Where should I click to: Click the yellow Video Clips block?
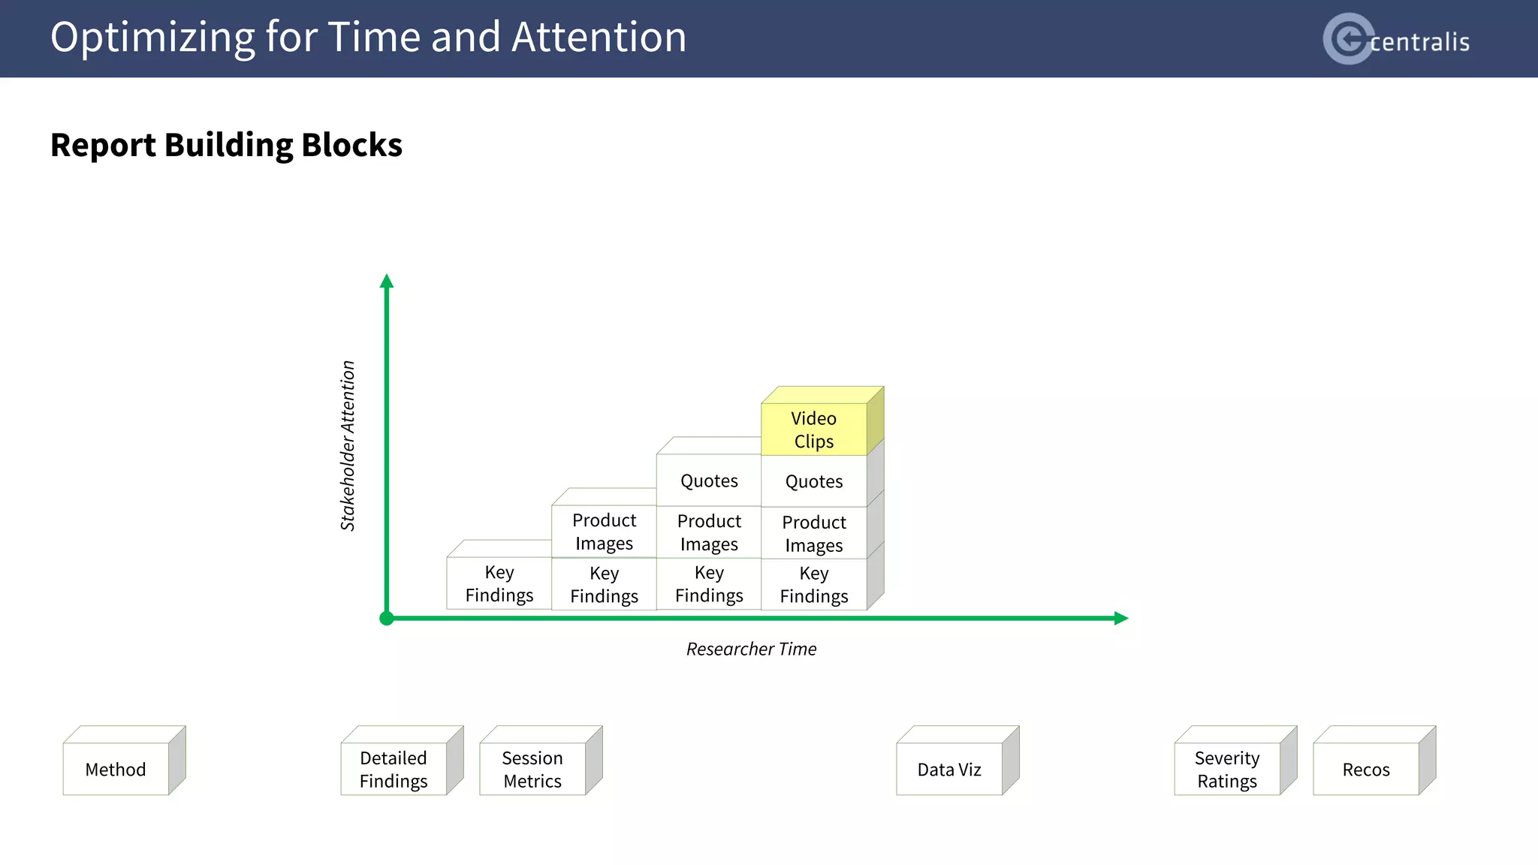point(814,429)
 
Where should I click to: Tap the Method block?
point(116,769)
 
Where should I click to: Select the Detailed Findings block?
point(394,769)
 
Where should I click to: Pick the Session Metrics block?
point(532,769)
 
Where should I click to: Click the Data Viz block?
point(949,769)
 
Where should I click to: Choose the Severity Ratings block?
point(1227,769)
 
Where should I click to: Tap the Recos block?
point(1366,769)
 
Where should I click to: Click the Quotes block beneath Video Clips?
point(814,481)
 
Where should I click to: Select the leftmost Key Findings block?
point(499,583)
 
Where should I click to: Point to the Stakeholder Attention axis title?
point(348,446)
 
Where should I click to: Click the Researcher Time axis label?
point(751,649)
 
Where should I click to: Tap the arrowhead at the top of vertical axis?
point(387,281)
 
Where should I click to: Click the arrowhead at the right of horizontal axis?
point(1121,618)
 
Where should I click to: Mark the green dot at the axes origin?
point(387,619)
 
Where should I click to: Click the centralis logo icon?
point(1347,38)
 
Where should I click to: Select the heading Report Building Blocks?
point(226,145)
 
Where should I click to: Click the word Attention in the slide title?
point(599,37)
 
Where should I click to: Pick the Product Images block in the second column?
point(605,532)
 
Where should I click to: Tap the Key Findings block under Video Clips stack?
point(814,584)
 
